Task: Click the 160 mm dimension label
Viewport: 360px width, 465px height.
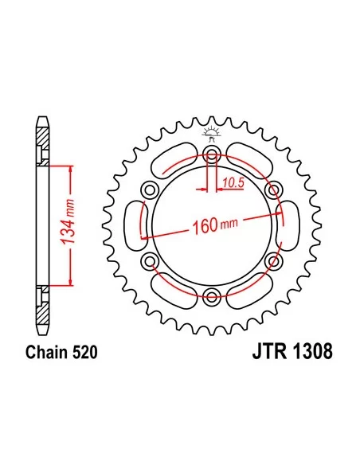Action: pos(215,225)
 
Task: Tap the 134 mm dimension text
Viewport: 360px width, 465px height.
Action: pos(68,222)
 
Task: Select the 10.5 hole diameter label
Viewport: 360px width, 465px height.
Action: pos(233,183)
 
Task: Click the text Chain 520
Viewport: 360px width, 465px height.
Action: pos(61,352)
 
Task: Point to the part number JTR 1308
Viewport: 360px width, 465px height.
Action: pos(292,352)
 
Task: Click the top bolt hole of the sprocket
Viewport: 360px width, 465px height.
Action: pos(212,154)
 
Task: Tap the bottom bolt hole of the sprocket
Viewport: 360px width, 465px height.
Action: pos(212,295)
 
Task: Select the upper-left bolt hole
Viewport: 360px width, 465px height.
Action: pos(149,190)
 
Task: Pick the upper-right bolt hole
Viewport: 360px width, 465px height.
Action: pos(274,190)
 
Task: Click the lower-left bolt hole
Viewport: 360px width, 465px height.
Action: pos(149,260)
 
